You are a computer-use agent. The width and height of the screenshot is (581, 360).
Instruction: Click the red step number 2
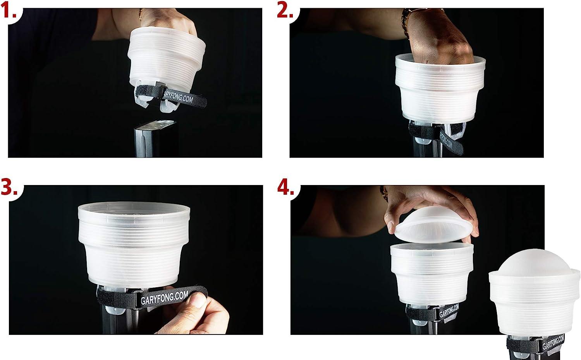click(x=285, y=11)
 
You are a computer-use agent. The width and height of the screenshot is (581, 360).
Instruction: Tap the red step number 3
click(x=9, y=187)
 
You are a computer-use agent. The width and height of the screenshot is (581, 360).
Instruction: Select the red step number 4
click(x=285, y=187)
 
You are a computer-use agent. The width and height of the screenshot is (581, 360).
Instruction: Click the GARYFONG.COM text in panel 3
click(x=164, y=298)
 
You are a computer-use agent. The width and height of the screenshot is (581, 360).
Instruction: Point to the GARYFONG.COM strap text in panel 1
click(x=177, y=96)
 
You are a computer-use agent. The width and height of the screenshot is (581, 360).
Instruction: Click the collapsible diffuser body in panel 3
click(x=134, y=245)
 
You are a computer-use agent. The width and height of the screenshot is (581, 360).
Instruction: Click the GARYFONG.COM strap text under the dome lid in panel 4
click(x=449, y=311)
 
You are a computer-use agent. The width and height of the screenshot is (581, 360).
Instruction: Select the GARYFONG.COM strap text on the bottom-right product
click(x=553, y=342)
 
